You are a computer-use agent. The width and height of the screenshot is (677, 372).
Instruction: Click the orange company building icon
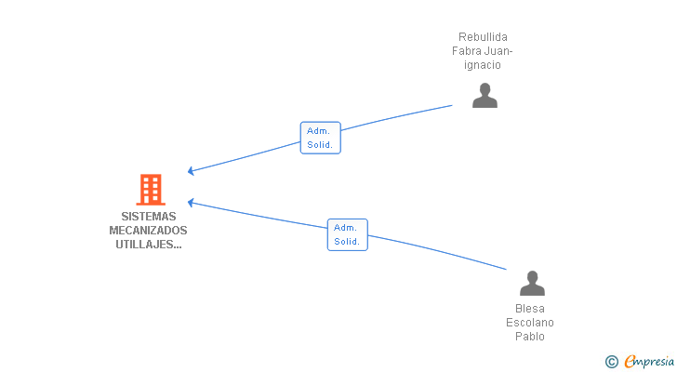(150, 190)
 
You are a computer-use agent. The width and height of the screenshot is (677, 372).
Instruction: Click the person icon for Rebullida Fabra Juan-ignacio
(485, 96)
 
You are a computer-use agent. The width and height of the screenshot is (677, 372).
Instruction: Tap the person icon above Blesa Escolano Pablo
(532, 283)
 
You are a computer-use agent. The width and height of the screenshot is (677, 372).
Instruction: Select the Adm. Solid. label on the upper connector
(320, 138)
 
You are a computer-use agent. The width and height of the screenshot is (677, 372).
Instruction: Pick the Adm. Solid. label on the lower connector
(347, 234)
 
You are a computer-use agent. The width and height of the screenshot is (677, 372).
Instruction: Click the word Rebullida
(483, 37)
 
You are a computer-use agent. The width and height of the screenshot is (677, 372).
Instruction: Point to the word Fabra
(467, 51)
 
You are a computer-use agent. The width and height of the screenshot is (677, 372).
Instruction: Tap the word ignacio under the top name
(483, 65)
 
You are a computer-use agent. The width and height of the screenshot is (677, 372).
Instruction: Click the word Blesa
(530, 309)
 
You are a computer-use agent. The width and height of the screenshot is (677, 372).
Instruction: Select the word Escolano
(530, 323)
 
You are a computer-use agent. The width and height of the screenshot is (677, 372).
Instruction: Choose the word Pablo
(530, 337)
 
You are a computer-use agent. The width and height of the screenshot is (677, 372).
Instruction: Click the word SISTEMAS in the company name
(148, 216)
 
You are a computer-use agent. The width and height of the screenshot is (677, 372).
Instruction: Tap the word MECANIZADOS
(148, 230)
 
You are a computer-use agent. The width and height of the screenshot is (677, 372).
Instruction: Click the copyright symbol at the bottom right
(611, 362)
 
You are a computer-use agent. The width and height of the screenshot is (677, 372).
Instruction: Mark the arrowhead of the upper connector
(190, 171)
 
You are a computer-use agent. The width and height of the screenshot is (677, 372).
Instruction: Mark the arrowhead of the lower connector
(190, 201)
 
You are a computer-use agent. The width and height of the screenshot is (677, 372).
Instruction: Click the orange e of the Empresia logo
(630, 362)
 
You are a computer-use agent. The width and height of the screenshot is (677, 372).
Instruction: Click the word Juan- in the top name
(499, 51)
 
